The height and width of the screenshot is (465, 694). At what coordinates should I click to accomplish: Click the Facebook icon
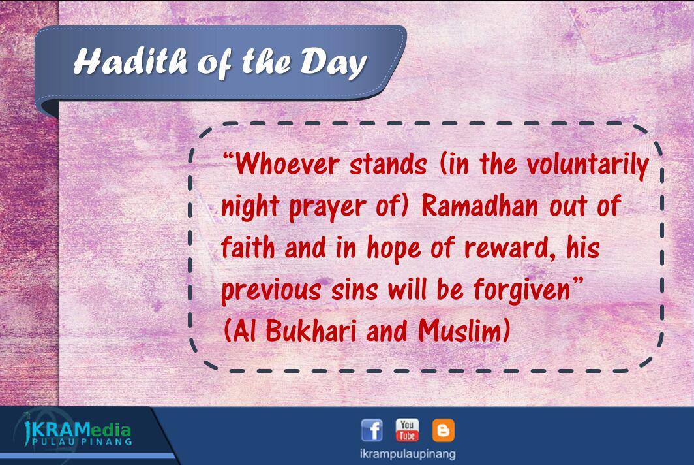click(372, 430)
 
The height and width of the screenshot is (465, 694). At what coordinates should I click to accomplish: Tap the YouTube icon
click(407, 430)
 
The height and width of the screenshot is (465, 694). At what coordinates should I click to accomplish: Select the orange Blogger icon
click(443, 430)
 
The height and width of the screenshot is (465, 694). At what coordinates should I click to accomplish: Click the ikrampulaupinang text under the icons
click(408, 454)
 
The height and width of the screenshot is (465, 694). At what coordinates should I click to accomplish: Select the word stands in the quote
click(388, 165)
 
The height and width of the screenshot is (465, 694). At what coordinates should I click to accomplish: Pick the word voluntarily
click(588, 165)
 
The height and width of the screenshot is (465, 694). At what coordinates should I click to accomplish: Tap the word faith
click(248, 248)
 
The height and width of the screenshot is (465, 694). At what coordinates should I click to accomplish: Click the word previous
click(271, 290)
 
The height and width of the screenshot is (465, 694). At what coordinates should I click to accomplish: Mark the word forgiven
click(522, 290)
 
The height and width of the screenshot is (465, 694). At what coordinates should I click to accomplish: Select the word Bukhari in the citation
click(311, 330)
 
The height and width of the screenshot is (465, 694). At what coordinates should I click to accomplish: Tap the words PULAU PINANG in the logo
click(82, 442)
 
